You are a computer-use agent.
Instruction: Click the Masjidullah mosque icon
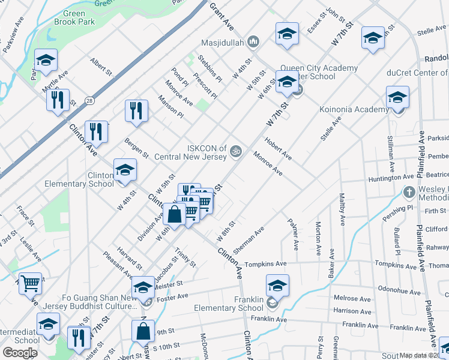253,41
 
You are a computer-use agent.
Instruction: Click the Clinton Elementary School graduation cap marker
125,170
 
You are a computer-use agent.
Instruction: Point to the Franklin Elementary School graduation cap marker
277,286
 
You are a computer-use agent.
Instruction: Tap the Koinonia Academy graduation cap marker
397,97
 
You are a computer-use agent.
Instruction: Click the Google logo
20,352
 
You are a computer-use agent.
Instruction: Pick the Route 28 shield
89,100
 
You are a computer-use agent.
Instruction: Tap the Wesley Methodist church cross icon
408,193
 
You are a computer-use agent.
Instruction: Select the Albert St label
101,66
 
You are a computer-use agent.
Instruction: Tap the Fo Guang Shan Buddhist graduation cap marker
143,288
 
